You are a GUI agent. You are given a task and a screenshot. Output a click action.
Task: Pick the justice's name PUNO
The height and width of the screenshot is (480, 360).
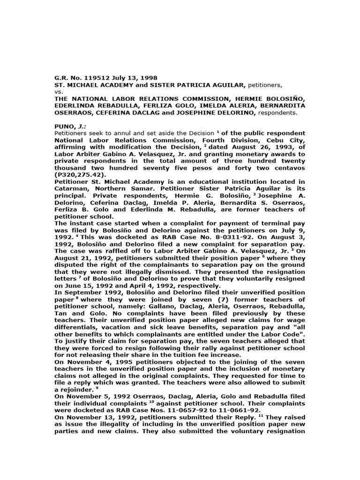pyautogui.click(x=64, y=127)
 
